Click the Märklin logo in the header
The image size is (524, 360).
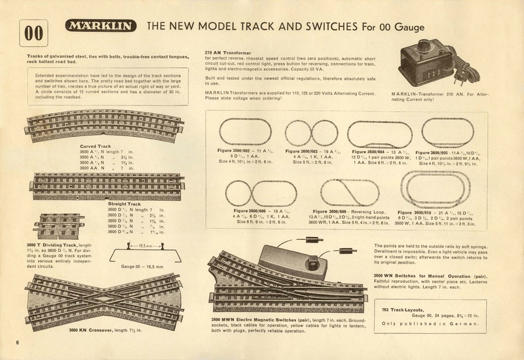pyautogui.click(x=101, y=27)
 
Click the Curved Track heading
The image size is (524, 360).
pyautogui.click(x=95, y=146)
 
